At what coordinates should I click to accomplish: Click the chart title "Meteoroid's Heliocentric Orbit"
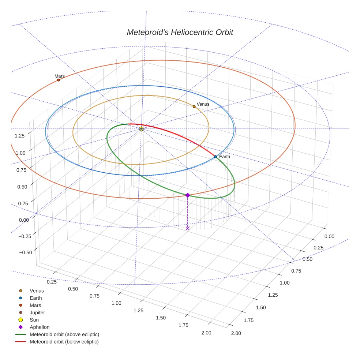point(180,32)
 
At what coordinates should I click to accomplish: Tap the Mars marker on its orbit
point(59,80)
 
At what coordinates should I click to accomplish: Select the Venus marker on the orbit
point(194,106)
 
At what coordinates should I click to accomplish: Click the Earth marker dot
point(215,157)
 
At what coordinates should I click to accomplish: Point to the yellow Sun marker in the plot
point(141,129)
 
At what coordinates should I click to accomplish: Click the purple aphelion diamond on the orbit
point(188,195)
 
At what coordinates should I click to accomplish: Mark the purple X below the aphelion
point(188,228)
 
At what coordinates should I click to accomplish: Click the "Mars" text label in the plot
point(60,76)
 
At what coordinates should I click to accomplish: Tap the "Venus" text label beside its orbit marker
point(203,104)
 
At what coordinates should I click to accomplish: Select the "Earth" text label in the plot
point(225,157)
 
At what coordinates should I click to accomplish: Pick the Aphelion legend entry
point(40,327)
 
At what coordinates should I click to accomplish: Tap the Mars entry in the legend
point(35,305)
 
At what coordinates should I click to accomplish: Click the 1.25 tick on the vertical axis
point(19,136)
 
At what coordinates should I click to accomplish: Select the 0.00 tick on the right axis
point(329,236)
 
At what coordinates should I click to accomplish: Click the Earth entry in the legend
point(35,298)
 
